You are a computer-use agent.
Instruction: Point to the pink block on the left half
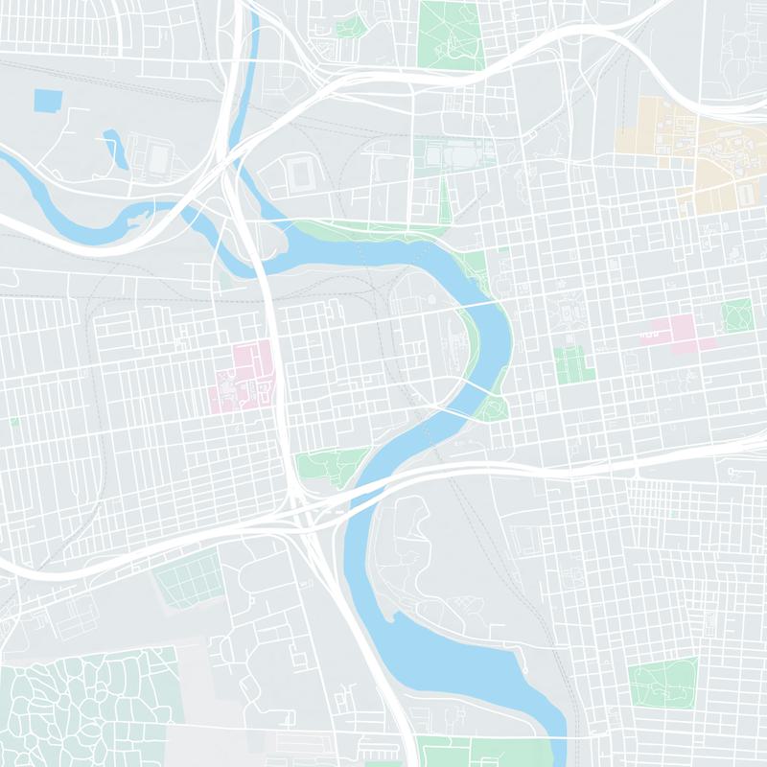click(245, 376)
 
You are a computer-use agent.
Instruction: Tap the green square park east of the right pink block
click(737, 314)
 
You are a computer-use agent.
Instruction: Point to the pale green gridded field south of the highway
click(188, 580)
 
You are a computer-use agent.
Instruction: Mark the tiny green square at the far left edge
click(14, 421)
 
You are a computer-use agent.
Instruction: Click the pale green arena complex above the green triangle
click(451, 153)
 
